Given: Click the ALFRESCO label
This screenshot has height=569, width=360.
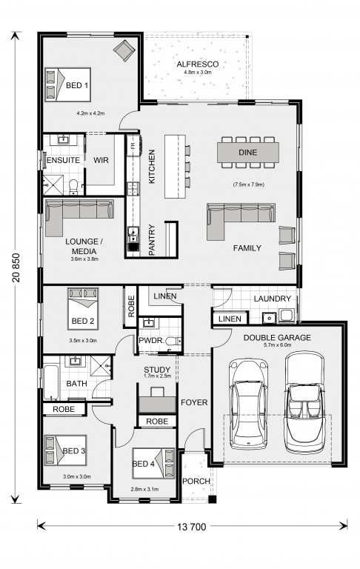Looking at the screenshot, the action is coord(198,64).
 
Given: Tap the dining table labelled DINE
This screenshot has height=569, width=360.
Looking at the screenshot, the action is coord(248,153).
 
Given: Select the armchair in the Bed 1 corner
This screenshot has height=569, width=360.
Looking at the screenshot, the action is coord(124,50).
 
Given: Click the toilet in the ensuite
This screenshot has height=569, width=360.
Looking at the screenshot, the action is coord(73,187).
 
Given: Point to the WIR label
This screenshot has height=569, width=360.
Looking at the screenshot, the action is coord(101,160).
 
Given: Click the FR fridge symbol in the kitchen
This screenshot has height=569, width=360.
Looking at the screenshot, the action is coord(133,145).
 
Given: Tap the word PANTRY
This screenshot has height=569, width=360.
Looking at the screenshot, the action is coord(152,240).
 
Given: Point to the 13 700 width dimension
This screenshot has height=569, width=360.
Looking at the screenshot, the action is coord(192,527).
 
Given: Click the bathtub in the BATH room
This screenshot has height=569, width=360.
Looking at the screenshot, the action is coord(51,382).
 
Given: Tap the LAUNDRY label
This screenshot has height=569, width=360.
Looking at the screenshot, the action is coord(272,299).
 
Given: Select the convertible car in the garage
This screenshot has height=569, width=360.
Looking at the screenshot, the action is coord(304,402).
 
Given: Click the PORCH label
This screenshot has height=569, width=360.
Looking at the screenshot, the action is coord(196,481).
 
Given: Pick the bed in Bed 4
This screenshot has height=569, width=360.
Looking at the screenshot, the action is coord(153,463).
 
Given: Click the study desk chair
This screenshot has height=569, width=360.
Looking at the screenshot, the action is coord(157,391).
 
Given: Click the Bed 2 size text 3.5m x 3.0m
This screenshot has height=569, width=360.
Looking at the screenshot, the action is coord(83,341).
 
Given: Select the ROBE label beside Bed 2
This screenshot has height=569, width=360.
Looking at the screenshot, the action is coord(131,306).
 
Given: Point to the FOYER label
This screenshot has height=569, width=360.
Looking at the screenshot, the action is coord(194,402).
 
